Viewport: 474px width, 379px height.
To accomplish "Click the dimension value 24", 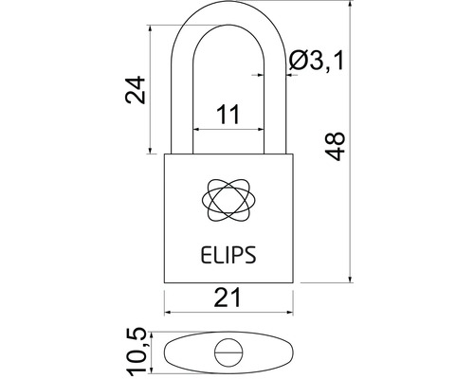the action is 136,90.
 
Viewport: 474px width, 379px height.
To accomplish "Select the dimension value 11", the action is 228,115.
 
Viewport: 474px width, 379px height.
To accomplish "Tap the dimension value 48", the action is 335,147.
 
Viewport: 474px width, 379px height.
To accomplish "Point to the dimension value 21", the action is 228,298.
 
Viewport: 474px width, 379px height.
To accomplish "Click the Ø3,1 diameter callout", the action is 317,61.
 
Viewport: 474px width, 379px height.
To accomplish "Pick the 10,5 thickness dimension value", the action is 137,352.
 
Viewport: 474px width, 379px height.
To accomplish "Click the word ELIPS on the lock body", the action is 228,255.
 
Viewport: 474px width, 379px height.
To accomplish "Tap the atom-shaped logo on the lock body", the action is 228,200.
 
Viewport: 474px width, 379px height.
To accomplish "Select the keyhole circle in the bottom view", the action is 228,352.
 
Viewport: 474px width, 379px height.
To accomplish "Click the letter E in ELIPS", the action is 206,255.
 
